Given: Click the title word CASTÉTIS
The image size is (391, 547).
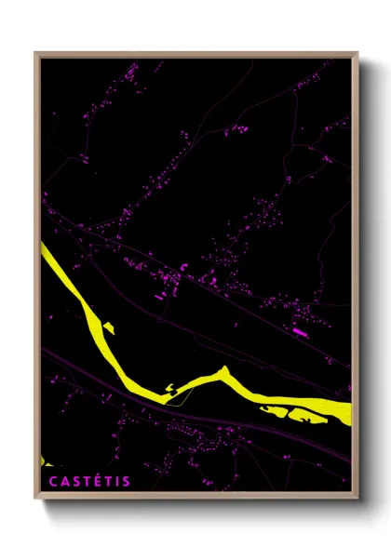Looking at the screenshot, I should click(x=89, y=481).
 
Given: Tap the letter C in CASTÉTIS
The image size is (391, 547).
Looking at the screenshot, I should click(x=51, y=481).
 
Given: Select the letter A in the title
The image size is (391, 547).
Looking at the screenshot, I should click(x=62, y=481).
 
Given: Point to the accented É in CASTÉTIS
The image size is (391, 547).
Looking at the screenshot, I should click(x=95, y=481).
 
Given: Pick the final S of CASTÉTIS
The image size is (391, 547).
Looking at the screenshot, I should click(x=127, y=481).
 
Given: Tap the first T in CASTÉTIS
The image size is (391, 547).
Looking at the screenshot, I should click(x=85, y=481).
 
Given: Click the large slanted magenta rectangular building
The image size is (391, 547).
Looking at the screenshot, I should click(x=300, y=330).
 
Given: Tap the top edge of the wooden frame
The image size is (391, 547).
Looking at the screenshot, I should click(x=195, y=53).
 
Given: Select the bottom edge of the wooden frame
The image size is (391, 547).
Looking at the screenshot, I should click(x=195, y=498).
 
